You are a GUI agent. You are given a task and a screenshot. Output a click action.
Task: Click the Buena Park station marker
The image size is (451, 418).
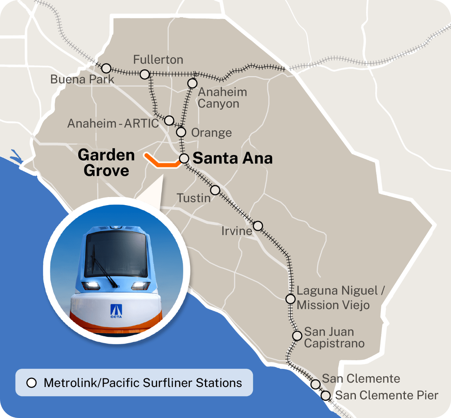[106, 68]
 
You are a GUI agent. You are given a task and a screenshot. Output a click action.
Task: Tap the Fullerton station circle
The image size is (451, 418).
[145, 74]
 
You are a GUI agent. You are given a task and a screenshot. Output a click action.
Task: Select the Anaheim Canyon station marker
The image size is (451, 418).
[192, 84]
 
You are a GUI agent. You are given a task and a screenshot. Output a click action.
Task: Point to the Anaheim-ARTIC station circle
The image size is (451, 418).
[169, 121]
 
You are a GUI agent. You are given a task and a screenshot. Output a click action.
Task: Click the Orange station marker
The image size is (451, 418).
[181, 132]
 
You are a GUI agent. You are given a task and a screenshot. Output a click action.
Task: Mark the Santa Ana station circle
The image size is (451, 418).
[184, 159]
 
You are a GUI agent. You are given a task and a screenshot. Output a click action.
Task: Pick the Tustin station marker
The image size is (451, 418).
[215, 190]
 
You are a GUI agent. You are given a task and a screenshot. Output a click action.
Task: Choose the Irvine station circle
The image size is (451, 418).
[258, 226]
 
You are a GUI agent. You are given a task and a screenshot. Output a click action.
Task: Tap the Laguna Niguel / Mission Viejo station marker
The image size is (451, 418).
[290, 299]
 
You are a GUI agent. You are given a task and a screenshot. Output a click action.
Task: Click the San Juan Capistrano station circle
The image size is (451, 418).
[297, 335]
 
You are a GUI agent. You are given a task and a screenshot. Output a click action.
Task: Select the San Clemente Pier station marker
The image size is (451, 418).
[326, 396]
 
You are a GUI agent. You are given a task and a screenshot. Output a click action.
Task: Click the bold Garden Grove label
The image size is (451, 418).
[106, 162]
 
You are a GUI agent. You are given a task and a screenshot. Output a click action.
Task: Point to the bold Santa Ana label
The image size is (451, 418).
[233, 158]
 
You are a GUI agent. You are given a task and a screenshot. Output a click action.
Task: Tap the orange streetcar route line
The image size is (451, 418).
[162, 164]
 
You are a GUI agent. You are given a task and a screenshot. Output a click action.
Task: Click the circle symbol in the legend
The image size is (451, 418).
[32, 383]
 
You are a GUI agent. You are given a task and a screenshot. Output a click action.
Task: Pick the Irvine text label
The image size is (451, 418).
[237, 231]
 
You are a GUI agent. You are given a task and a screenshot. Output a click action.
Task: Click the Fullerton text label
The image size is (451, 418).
[158, 60]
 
